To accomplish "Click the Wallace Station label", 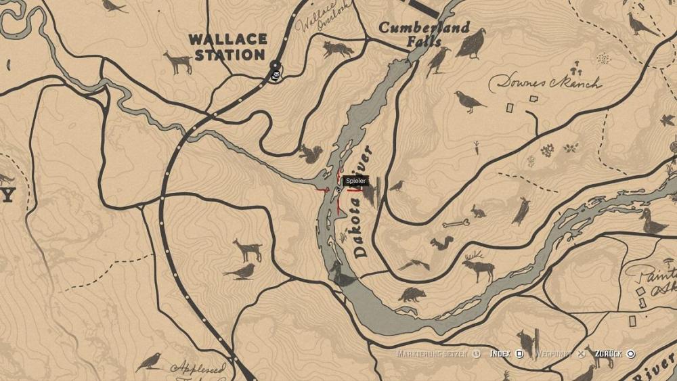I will point(227,47).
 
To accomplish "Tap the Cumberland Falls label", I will point(424,34).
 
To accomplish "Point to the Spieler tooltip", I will point(355,181).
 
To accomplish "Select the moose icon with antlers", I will point(478,266).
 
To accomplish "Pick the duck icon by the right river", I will point(653,222).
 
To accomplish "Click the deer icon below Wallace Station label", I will point(178,62).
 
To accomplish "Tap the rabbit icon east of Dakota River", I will point(478,212).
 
